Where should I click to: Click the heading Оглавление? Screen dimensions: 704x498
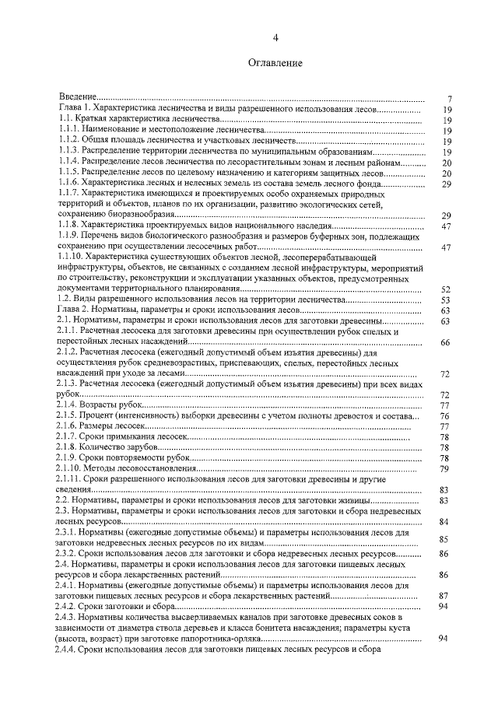pyautogui.click(x=274, y=62)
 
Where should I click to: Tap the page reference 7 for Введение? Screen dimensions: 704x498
pyautogui.click(x=449, y=99)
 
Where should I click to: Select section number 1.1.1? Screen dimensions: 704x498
pyautogui.click(x=69, y=130)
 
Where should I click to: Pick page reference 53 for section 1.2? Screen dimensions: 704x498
pyautogui.click(x=446, y=299)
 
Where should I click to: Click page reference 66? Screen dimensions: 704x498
pyautogui.click(x=446, y=342)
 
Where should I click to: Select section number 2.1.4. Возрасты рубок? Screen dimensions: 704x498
pyautogui.click(x=69, y=405)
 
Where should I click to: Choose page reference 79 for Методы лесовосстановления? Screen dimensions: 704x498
pyautogui.click(x=446, y=469)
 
